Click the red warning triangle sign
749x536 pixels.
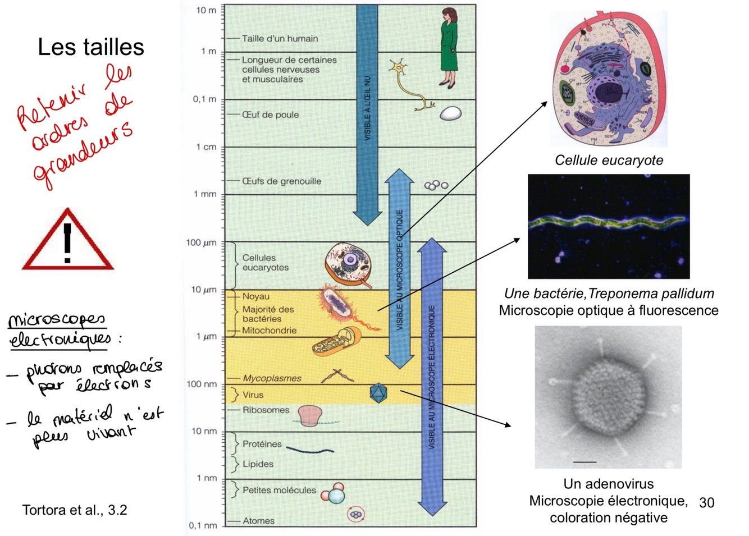[x=67, y=242]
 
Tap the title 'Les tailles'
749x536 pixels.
[x=91, y=47]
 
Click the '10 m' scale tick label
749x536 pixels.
[x=205, y=10]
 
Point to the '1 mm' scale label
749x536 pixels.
[x=205, y=194]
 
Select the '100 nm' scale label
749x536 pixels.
[x=202, y=384]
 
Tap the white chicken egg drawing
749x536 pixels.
[x=450, y=114]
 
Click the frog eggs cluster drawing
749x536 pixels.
[x=436, y=185]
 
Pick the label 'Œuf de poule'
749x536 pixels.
[x=270, y=114]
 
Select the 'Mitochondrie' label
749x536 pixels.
[x=269, y=331]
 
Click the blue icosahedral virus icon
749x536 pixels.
[x=378, y=393]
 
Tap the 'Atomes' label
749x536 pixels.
[x=258, y=521]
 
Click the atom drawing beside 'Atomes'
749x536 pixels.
[x=355, y=514]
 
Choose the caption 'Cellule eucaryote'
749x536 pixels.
[x=609, y=161]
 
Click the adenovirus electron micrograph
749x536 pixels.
[x=608, y=397]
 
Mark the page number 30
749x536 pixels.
[x=706, y=502]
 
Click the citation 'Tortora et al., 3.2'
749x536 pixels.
[x=75, y=510]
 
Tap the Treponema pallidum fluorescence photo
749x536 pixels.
[x=609, y=226]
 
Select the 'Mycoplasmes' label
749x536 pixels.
[x=272, y=378]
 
